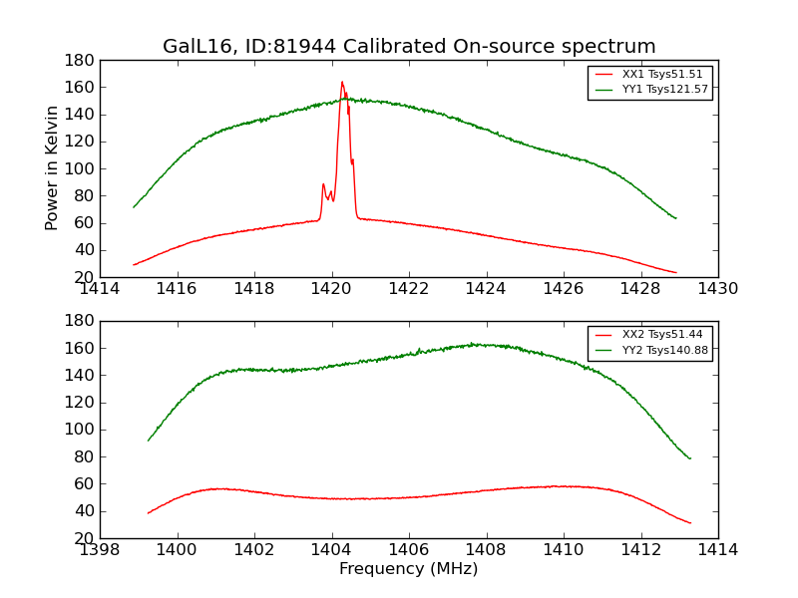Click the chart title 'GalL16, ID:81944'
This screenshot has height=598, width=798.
click(409, 47)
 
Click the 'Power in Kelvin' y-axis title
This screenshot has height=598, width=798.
click(52, 168)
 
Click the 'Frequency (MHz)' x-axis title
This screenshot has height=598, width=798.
click(409, 569)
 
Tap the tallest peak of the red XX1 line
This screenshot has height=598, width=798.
click(341, 82)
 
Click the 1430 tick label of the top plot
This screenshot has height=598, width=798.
click(717, 289)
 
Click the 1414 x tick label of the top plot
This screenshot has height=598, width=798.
click(100, 289)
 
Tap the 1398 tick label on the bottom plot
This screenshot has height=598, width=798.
click(100, 550)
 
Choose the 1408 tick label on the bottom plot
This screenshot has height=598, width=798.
click(486, 550)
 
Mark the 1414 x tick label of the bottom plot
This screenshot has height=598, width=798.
click(717, 550)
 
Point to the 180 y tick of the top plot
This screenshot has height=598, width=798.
click(80, 60)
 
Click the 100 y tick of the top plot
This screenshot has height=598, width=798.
click(80, 168)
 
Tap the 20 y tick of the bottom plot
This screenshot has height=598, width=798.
click(84, 538)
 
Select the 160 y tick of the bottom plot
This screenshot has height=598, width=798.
click(80, 348)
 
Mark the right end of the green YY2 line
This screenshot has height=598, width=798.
click(689, 458)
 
